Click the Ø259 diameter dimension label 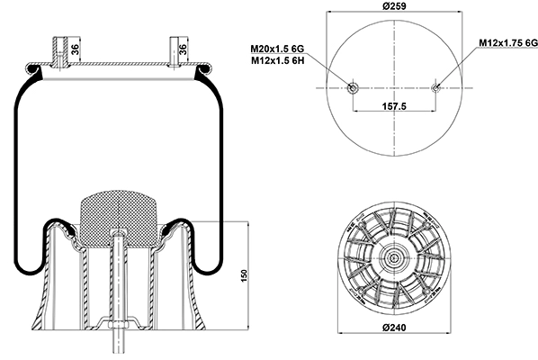pyautogui.click(x=394, y=5)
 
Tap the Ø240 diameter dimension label pyautogui.click(x=394, y=328)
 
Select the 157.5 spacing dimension pyautogui.click(x=394, y=106)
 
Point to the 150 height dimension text pyautogui.click(x=244, y=276)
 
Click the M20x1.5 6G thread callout pyautogui.click(x=277, y=49)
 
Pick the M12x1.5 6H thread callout pyautogui.click(x=278, y=60)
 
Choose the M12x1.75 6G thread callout pyautogui.click(x=508, y=42)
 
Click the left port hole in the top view pyautogui.click(x=353, y=88)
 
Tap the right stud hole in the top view pyautogui.click(x=435, y=88)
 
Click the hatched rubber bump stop pyautogui.click(x=119, y=219)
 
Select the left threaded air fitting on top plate pyautogui.click(x=60, y=52)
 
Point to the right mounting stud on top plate pyautogui.click(x=175, y=51)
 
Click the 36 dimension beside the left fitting pyautogui.click(x=76, y=49)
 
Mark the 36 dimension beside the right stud pyautogui.click(x=184, y=49)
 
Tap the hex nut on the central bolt pyautogui.click(x=118, y=325)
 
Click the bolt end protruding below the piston pyautogui.click(x=118, y=341)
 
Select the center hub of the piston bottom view pyautogui.click(x=394, y=257)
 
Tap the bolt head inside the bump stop pyautogui.click(x=118, y=234)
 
